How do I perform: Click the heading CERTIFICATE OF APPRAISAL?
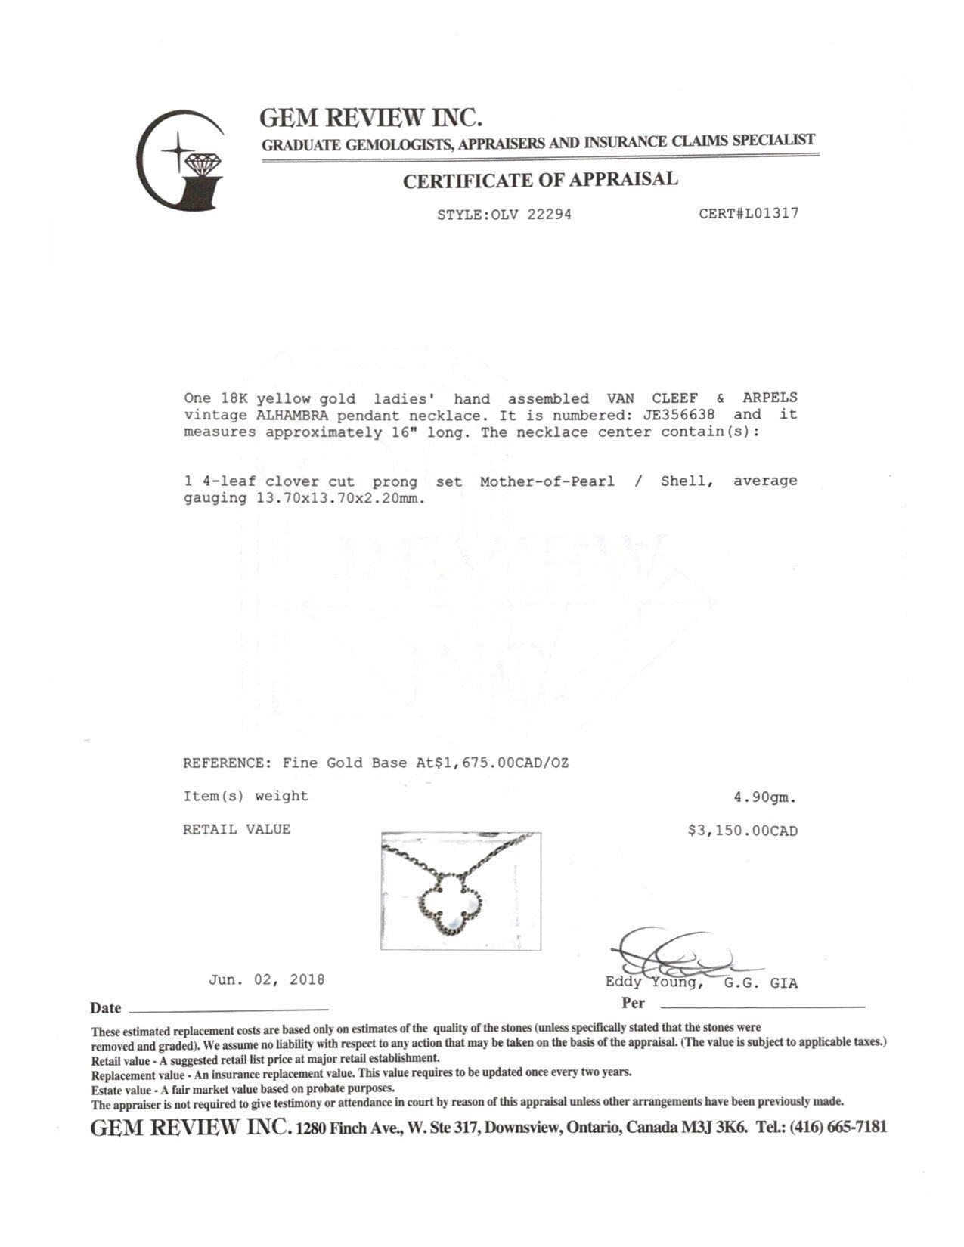pyautogui.click(x=540, y=180)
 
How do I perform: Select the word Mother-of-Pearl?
pyautogui.click(x=547, y=481)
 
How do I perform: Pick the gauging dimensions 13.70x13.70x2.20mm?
pyautogui.click(x=336, y=498)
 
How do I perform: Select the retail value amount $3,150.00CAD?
pyautogui.click(x=742, y=831)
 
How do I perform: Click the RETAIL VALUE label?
pyautogui.click(x=237, y=829)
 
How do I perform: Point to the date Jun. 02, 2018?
pyautogui.click(x=267, y=979)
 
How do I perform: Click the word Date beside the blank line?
pyautogui.click(x=105, y=1007)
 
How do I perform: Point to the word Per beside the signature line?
pyautogui.click(x=633, y=1003)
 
